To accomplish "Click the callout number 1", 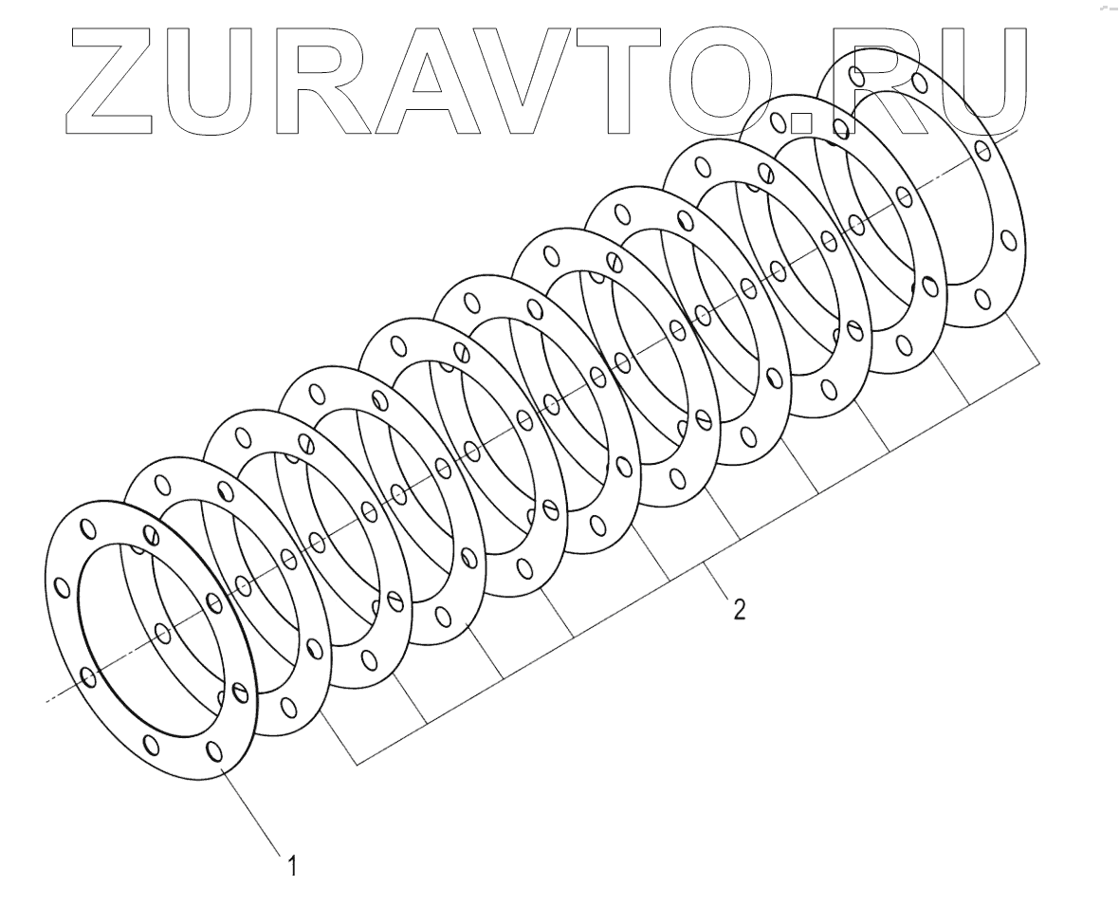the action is pyautogui.click(x=293, y=865).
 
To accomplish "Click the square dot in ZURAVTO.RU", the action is pyautogui.click(x=802, y=121).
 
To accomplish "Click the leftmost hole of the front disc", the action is pyautogui.click(x=62, y=588).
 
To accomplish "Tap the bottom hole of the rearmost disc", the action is pyautogui.click(x=982, y=301).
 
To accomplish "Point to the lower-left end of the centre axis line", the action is pyautogui.click(x=47, y=701).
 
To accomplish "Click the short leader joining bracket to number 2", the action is pyautogui.click(x=718, y=582).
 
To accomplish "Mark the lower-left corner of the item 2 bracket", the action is pyautogui.click(x=357, y=764).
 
